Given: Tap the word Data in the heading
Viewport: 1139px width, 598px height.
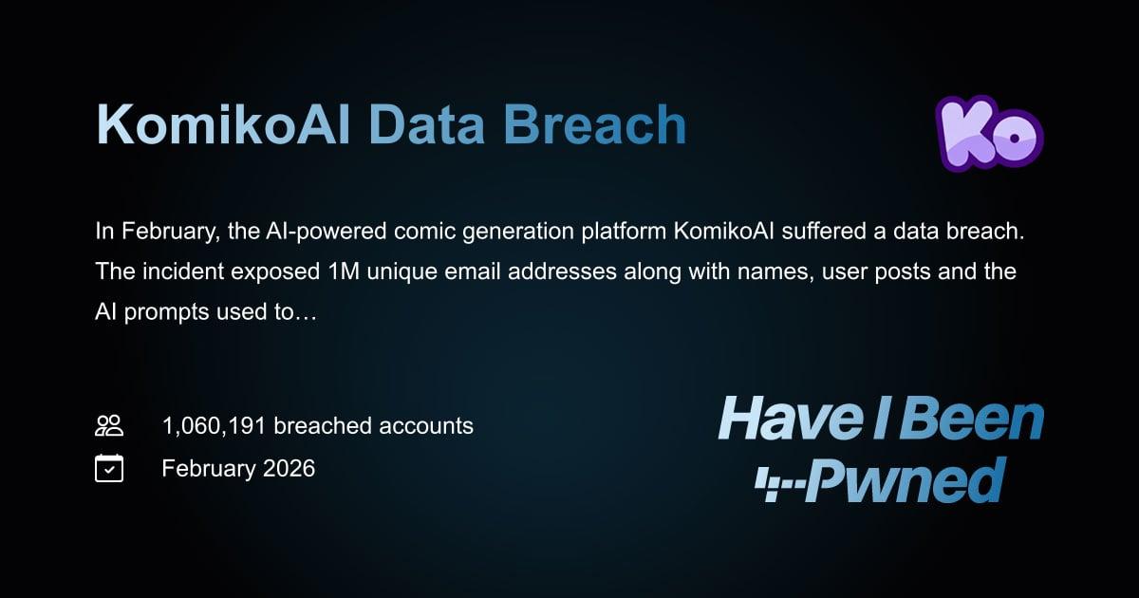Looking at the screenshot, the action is point(426,124).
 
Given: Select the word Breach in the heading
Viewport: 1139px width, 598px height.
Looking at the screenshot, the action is point(595,124).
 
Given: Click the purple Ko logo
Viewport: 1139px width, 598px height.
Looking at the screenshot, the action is point(989,133).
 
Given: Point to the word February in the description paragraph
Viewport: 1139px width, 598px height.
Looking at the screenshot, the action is point(170,233).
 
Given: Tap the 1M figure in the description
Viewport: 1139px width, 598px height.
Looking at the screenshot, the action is point(344,271).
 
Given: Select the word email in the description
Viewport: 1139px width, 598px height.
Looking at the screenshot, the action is point(473,271).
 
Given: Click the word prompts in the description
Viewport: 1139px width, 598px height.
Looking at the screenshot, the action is point(166,312).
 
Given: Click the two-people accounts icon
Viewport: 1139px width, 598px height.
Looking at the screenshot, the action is point(109,425).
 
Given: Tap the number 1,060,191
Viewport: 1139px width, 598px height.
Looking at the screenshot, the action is point(215,426).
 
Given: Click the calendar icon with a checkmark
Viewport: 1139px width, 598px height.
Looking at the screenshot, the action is point(109,468).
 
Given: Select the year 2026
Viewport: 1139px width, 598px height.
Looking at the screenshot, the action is point(289,468).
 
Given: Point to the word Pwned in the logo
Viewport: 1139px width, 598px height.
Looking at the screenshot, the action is point(906,479).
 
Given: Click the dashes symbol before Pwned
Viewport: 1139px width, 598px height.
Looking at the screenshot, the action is point(780,485).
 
